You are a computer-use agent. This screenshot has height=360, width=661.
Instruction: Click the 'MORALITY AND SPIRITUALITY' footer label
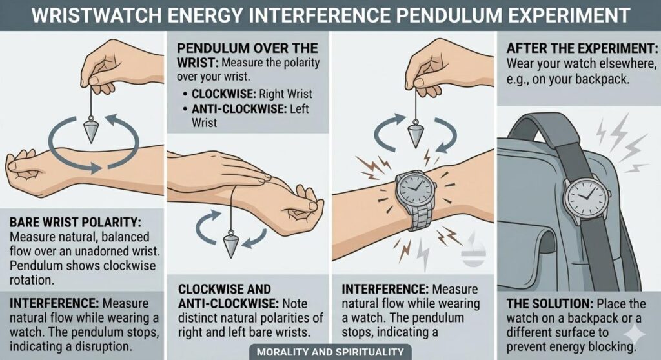coord(330,352)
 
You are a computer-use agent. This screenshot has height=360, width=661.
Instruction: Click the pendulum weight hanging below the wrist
coord(230,245)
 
